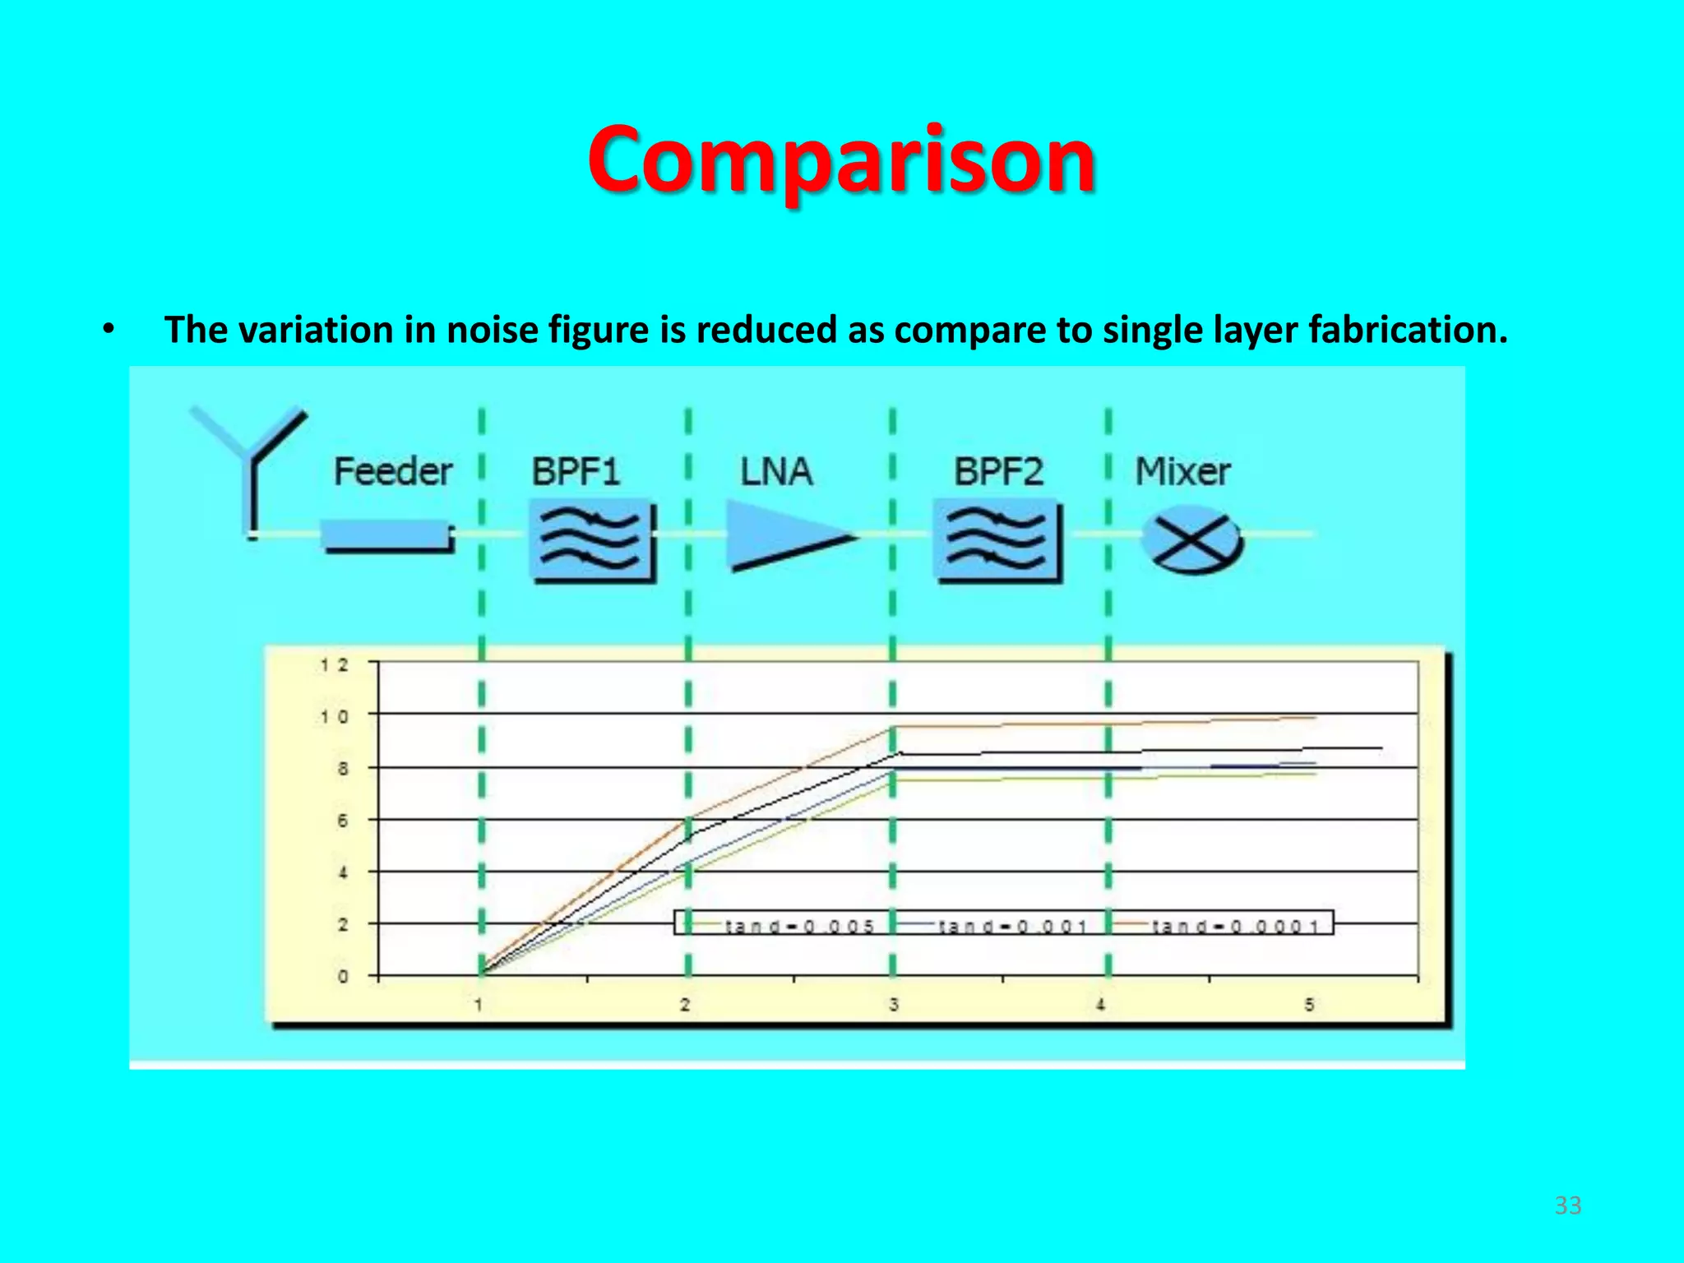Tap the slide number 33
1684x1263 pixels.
[x=1567, y=1205]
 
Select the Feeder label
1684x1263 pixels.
[x=392, y=472]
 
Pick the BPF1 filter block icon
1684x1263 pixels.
[x=592, y=541]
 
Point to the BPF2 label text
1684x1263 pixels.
[x=998, y=472]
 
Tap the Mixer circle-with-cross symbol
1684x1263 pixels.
[x=1191, y=544]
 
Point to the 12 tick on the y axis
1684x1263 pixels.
[x=335, y=664]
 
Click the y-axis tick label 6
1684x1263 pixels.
[x=343, y=821]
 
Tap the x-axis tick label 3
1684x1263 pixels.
[x=894, y=1004]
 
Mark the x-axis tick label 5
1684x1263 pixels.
[x=1309, y=1004]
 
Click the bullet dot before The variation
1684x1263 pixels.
[x=108, y=330]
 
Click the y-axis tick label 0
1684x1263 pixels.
[x=343, y=977]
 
